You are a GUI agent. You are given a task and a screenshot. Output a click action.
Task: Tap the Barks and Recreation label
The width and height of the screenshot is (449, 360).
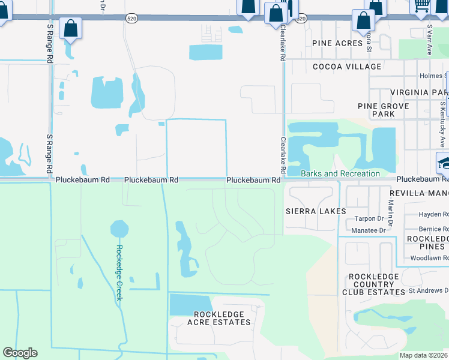pos(340,173)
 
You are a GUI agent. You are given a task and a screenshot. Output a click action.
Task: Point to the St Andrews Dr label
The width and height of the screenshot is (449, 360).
pos(429,290)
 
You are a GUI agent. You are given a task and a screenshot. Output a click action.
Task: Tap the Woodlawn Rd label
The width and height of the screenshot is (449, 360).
pos(429,258)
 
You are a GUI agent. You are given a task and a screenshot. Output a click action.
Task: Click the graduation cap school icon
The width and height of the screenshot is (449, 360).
pos(443,162)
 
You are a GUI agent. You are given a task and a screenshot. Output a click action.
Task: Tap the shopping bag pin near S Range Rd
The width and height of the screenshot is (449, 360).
pos(70,28)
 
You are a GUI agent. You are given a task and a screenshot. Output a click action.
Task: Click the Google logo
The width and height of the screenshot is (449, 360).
pos(20,353)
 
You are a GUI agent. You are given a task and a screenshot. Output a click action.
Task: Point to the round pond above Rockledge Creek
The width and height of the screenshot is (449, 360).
pos(119,229)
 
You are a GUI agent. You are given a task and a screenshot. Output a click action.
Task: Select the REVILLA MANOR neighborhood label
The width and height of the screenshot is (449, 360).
pos(418,193)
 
